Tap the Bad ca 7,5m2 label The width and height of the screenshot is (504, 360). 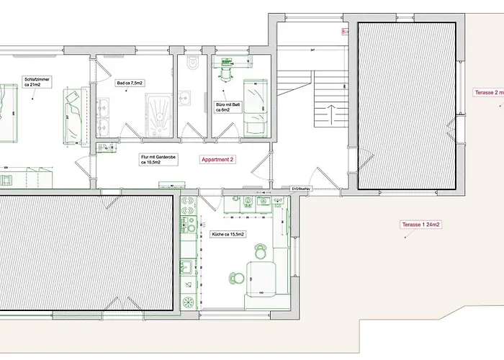[x=130, y=83]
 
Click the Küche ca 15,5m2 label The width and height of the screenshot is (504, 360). [x=228, y=235]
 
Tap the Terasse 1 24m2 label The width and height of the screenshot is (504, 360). [x=420, y=225]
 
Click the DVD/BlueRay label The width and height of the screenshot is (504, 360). [x=301, y=188]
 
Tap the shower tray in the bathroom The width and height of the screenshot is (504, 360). [x=158, y=115]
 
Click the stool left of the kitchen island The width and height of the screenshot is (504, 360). [x=233, y=277]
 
